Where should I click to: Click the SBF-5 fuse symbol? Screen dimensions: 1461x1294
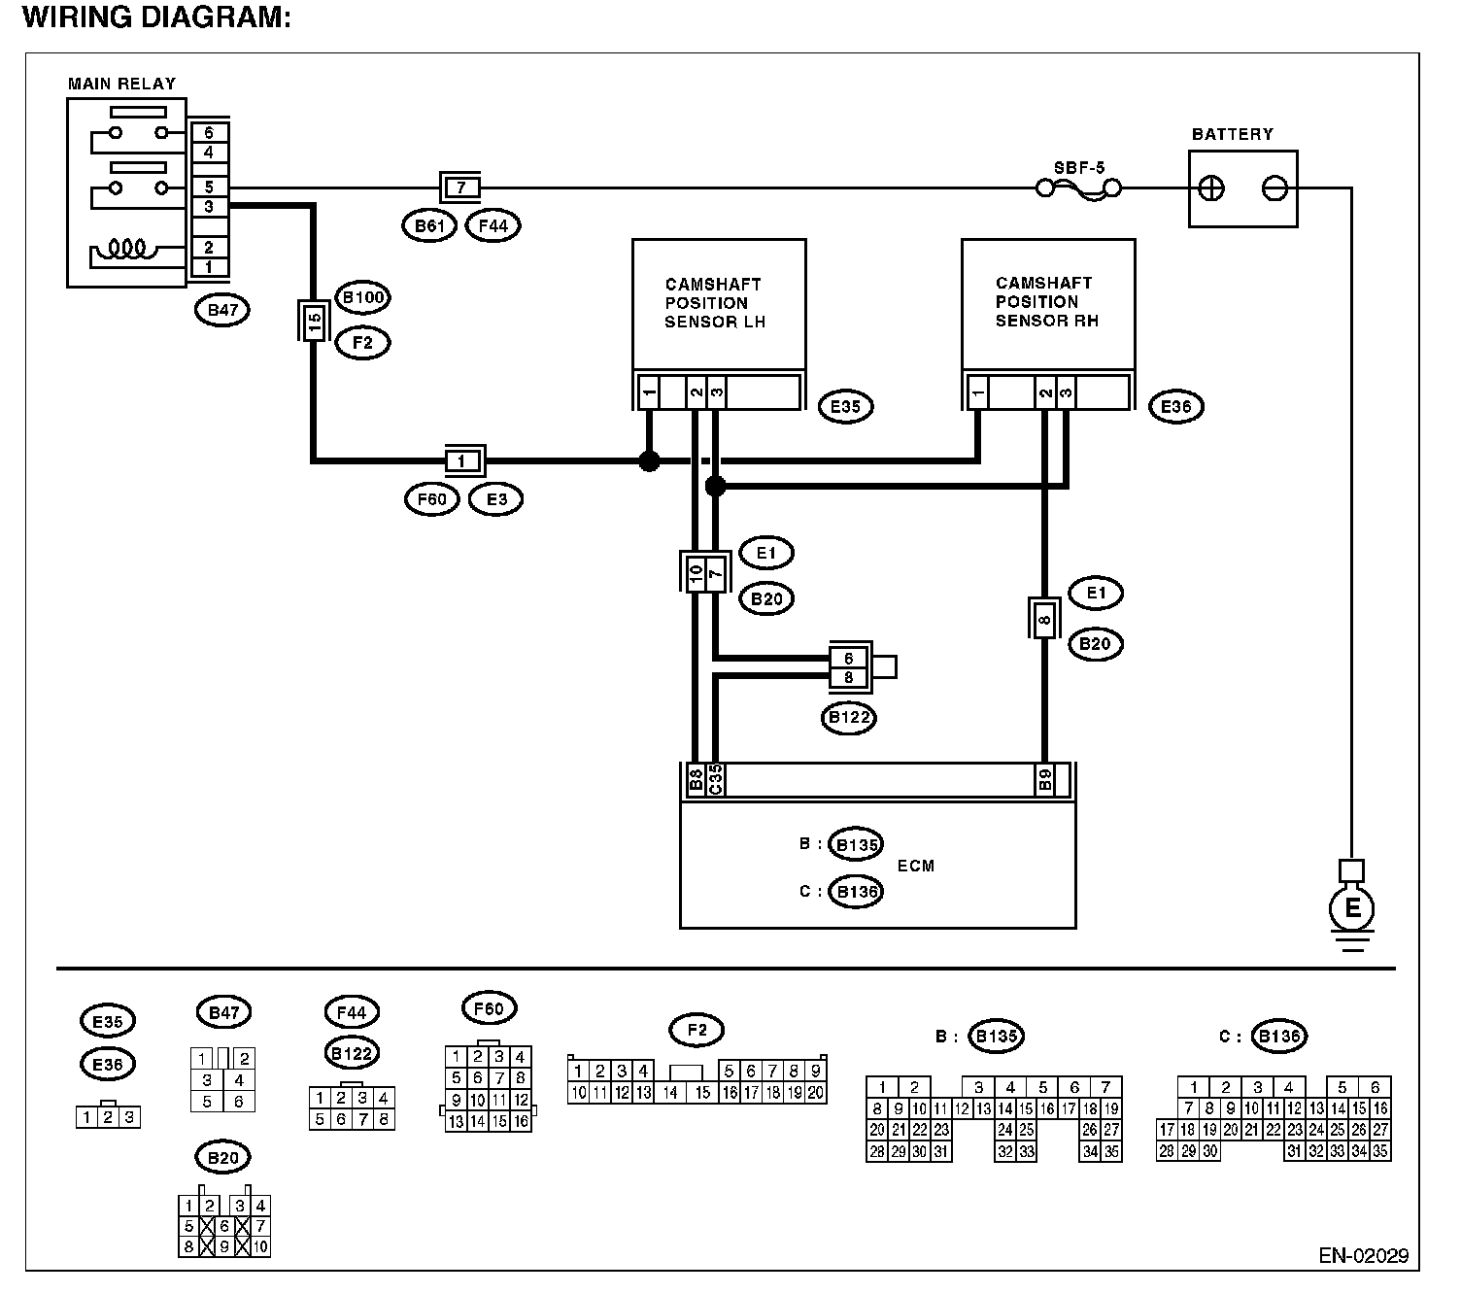pos(1078,189)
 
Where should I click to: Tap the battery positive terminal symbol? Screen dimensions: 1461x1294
pos(1210,189)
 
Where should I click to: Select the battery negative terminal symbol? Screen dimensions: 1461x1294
pos(1274,189)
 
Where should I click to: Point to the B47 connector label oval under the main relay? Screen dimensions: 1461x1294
pos(222,310)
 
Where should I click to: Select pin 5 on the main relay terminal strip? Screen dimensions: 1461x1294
pos(209,187)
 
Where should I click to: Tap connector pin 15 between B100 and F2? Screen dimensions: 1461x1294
pos(314,321)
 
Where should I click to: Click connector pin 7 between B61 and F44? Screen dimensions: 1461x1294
pos(460,188)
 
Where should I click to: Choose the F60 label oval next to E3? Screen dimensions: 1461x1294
pos(432,499)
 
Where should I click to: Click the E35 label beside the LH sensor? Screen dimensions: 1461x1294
pos(845,407)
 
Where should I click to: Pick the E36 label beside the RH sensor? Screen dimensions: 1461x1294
pos(1175,407)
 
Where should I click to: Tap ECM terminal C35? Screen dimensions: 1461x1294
pos(715,780)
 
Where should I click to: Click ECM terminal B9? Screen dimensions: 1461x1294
pos(1045,780)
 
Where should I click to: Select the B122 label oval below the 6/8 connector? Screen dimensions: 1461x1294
pos(849,718)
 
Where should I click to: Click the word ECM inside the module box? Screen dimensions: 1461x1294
pos(916,866)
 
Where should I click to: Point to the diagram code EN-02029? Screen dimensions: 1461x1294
pos(1364,1256)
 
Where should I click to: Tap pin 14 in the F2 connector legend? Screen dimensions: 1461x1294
pos(670,1093)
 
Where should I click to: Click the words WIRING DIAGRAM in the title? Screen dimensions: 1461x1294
pos(156,17)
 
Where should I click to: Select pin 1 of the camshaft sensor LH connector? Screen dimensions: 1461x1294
pos(649,392)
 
